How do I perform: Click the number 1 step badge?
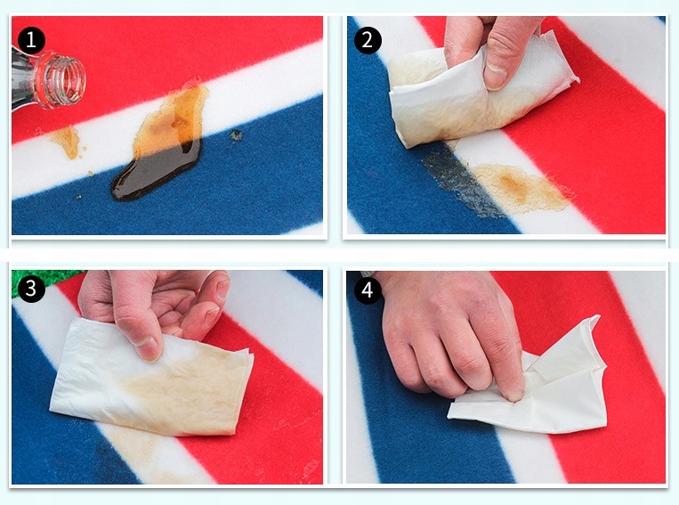[30, 40]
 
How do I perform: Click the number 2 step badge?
[368, 40]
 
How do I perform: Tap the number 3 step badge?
[30, 289]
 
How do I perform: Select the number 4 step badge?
[368, 289]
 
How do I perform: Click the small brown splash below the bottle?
[67, 141]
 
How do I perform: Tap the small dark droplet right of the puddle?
[236, 135]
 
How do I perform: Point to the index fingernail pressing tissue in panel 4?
[515, 395]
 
